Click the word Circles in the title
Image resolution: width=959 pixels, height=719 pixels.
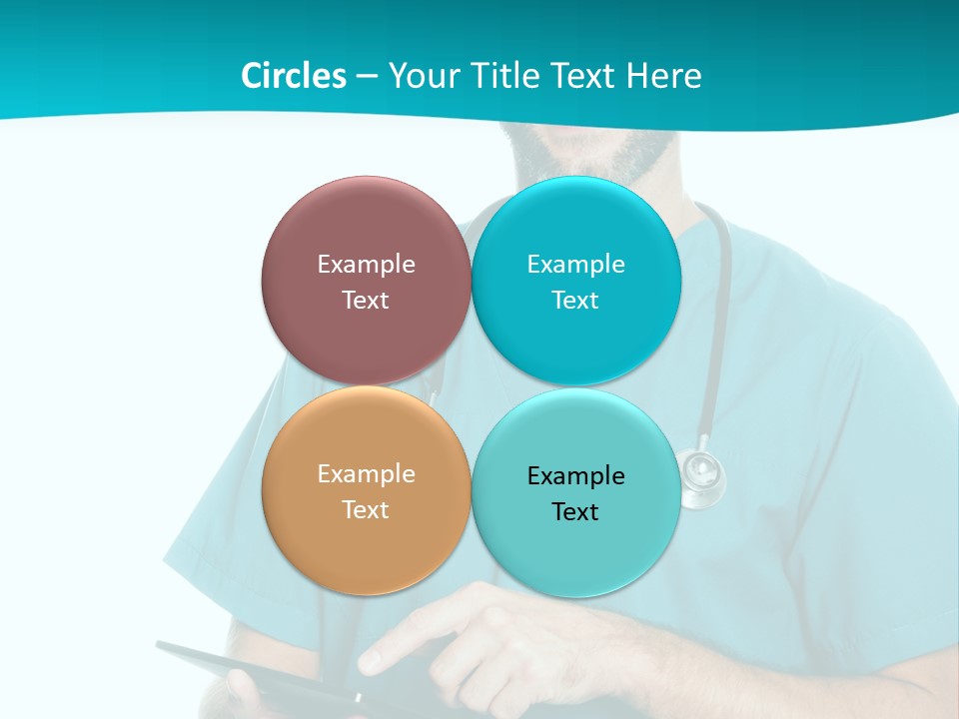click(x=293, y=76)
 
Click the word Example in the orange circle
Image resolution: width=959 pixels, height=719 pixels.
click(x=366, y=474)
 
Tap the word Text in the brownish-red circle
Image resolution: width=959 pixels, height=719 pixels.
click(x=366, y=300)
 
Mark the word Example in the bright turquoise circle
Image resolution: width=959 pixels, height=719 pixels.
click(x=576, y=265)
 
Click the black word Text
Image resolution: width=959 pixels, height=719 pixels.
click(x=575, y=512)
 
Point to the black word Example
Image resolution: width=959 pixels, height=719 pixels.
click(x=576, y=476)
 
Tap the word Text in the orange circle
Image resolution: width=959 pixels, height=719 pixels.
click(x=366, y=509)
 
